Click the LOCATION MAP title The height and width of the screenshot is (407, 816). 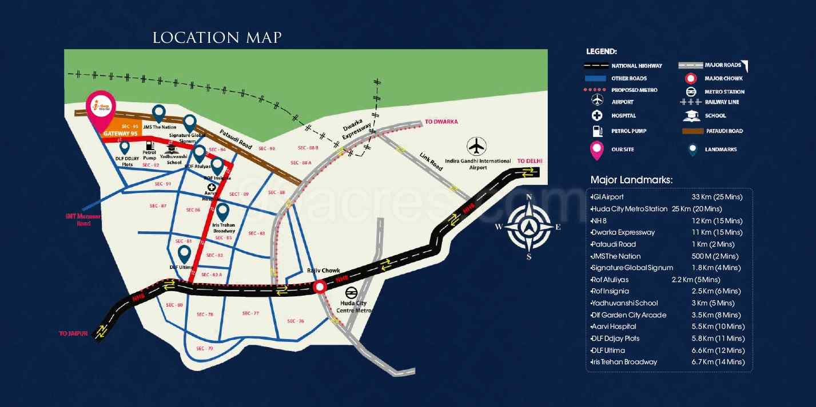pos(217,38)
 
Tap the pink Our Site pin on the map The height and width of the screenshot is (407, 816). pos(101,110)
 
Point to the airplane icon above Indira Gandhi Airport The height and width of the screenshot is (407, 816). pos(476,146)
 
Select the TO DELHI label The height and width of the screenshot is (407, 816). pos(530,162)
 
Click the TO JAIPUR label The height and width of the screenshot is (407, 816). pos(73,333)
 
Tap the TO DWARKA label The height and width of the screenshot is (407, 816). pos(441,122)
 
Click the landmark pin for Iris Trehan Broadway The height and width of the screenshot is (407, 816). pos(223,211)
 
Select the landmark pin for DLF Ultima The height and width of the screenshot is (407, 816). pos(184,253)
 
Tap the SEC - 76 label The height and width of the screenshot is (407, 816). pos(296,321)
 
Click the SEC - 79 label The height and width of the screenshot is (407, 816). pos(204,348)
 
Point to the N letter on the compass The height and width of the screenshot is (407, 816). pos(529,197)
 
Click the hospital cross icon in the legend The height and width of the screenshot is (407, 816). pos(598,116)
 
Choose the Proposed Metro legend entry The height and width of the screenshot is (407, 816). pos(634,90)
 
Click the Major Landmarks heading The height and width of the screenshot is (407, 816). pos(631,180)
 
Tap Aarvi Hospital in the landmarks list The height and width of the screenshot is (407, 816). pos(614,327)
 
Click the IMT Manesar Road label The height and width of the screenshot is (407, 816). pos(83,220)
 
